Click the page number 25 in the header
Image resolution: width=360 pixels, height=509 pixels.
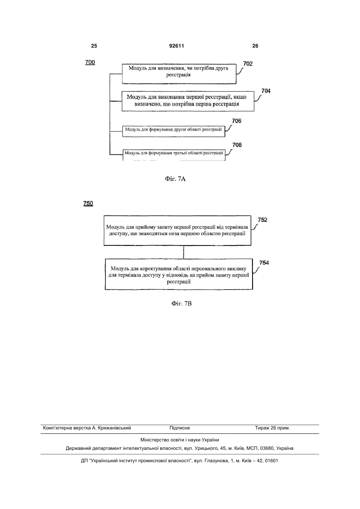click(94, 46)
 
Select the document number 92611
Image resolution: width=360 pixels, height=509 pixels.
click(177, 46)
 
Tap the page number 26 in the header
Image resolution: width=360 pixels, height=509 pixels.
click(255, 46)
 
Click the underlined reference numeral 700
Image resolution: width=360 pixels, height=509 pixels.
click(90, 62)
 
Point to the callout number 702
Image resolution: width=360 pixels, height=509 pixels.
click(248, 64)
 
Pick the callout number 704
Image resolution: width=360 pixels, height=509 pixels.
click(266, 91)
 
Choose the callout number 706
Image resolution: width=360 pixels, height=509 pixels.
click(237, 121)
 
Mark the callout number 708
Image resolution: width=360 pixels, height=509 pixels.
click(237, 145)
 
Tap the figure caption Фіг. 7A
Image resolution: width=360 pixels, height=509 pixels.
click(175, 179)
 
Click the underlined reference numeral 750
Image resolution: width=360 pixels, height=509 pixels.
click(88, 204)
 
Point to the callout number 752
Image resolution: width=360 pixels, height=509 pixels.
click(263, 220)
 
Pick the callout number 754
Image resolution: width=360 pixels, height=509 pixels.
click(264, 263)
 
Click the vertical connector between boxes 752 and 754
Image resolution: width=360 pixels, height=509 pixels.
click(183, 252)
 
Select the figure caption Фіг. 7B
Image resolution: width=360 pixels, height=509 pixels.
click(181, 303)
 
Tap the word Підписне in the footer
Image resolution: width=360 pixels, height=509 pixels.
click(180, 428)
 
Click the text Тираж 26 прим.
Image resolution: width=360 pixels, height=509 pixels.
click(272, 428)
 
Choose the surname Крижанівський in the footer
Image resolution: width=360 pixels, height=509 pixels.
click(115, 428)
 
